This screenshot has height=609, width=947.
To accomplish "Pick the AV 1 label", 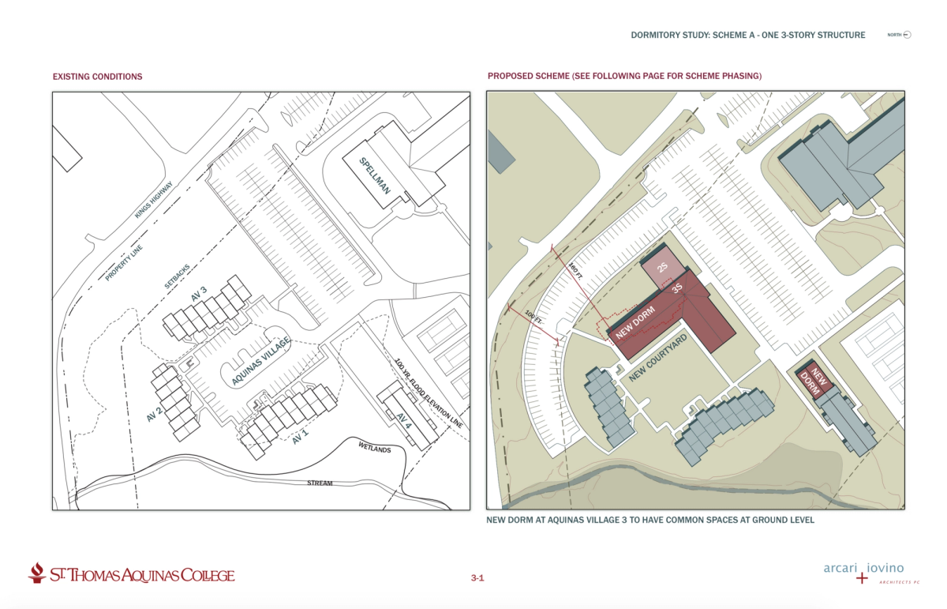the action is click(300, 435).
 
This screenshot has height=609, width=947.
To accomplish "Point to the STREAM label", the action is click(321, 483).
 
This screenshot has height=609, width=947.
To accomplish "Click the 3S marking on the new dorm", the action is click(676, 289).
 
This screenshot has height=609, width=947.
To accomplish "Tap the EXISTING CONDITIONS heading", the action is click(97, 77).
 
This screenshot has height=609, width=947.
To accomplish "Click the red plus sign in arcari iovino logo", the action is click(861, 578).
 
